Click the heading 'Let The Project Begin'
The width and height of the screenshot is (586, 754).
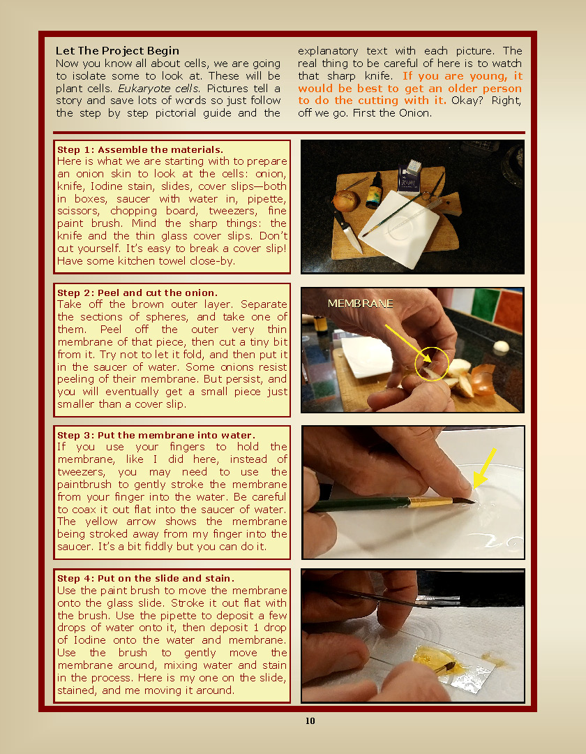pos(117,50)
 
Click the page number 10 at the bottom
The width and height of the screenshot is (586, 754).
pos(310,720)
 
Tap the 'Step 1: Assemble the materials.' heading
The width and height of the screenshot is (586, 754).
pos(140,149)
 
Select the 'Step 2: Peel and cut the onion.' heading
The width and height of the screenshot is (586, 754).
pos(137,293)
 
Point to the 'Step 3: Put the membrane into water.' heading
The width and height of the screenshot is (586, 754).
pos(156,435)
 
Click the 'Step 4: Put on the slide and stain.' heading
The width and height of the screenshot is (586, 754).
pos(146,578)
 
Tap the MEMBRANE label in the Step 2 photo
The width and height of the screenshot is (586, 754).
pos(360,304)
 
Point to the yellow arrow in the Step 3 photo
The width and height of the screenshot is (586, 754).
pos(483,467)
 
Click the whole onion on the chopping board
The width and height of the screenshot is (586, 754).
pos(346,200)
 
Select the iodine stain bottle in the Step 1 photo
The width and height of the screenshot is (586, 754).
pos(373,191)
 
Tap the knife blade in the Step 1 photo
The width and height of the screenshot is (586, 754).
pos(352,237)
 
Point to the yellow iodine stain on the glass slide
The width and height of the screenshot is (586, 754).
pos(437,660)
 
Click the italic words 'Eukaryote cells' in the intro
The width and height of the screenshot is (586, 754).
pos(158,88)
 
